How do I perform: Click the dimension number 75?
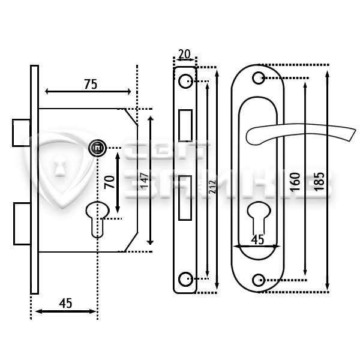(91, 84)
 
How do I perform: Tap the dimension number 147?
(145, 181)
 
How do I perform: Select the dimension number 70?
(109, 182)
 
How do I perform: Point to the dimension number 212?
(212, 187)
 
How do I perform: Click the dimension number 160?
(295, 182)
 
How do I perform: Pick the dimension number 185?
(319, 181)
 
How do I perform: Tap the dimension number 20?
(184, 54)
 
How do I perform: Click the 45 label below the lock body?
(65, 303)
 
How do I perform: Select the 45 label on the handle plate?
(257, 239)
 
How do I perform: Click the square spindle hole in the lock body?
(98, 148)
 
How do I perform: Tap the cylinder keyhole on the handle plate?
(259, 219)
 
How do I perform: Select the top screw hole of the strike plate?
(185, 81)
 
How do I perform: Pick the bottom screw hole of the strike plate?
(185, 279)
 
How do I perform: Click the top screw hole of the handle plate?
(259, 78)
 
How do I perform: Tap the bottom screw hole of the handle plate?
(259, 280)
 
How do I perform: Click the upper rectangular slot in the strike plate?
(185, 125)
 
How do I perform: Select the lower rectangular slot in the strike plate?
(185, 198)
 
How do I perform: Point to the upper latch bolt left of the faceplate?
(21, 133)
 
